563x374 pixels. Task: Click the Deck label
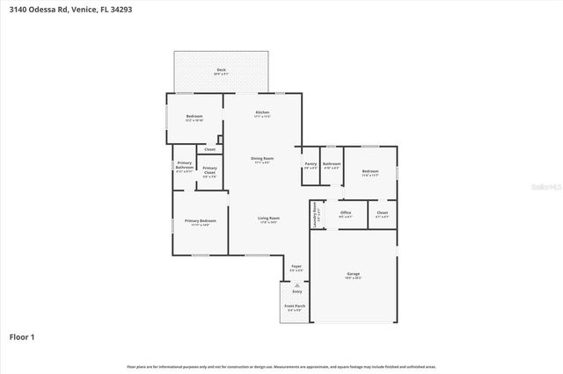(x=221, y=70)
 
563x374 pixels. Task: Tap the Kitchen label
(x=261, y=112)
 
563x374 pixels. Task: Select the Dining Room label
(x=262, y=159)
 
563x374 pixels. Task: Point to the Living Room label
(x=268, y=219)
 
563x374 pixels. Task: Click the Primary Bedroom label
(x=200, y=221)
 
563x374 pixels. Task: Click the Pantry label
(x=311, y=163)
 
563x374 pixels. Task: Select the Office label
(x=346, y=213)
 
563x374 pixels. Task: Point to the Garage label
(x=353, y=275)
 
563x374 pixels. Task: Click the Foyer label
(x=297, y=267)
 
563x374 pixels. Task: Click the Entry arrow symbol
(x=297, y=285)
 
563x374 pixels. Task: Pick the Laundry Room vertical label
(x=313, y=215)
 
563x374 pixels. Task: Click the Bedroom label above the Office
(x=369, y=172)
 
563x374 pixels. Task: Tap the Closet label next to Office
(x=382, y=213)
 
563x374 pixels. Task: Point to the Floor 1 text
(x=22, y=336)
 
